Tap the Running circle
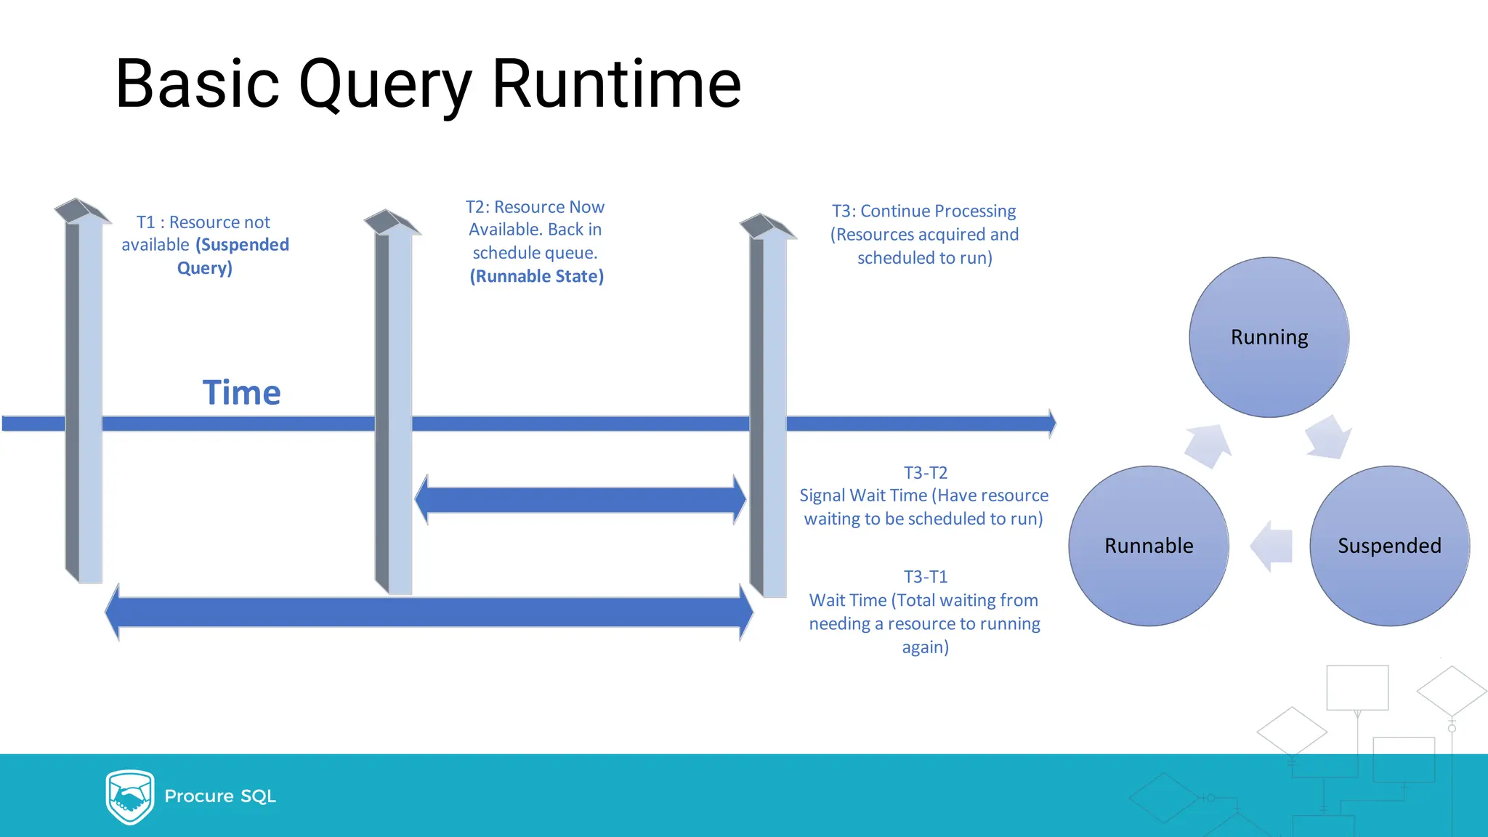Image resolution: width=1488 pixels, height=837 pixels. pos(1269,337)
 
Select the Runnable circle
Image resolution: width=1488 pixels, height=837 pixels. pos(1148,546)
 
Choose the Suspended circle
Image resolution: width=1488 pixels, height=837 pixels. pos(1389,546)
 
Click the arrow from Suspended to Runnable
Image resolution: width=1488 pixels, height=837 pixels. pos(1271,546)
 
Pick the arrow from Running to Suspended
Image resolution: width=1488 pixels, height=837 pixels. pos(1328,437)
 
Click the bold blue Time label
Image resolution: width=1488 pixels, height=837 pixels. pos(241,392)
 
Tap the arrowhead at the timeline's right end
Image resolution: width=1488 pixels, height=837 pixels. pos(1051,424)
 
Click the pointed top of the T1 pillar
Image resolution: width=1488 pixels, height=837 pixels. pos(82,211)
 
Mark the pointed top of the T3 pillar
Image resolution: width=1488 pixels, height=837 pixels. pos(767,226)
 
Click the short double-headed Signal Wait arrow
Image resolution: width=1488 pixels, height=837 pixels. pos(580,500)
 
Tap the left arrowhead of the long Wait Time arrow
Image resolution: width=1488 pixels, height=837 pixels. pos(113,612)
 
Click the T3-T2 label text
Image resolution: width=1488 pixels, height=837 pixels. pos(925,473)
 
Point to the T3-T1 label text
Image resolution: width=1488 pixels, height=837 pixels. pos(925,577)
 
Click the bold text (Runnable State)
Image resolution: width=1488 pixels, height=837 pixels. pos(536,276)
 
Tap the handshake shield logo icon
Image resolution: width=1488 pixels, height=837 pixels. pos(130,796)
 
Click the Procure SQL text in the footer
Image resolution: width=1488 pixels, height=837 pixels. pos(220,796)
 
